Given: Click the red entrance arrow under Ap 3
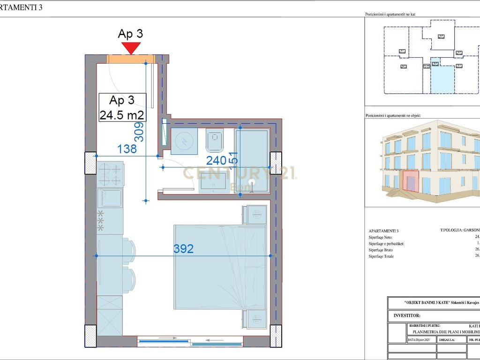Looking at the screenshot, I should [x=131, y=48].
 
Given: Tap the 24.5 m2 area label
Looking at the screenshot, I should [x=122, y=114].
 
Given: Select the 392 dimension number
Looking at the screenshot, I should [x=183, y=249].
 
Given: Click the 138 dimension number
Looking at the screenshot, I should [x=127, y=149].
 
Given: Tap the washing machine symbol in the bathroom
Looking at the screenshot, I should [x=184, y=141].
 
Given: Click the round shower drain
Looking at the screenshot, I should [x=252, y=183].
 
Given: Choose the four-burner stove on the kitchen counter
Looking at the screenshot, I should [x=110, y=174].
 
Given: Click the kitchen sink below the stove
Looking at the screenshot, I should [x=110, y=198].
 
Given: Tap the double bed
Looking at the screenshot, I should [x=219, y=266].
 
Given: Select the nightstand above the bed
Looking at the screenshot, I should [x=254, y=215].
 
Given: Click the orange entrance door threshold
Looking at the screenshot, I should [x=131, y=59].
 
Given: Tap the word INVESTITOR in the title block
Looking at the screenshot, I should [x=407, y=316].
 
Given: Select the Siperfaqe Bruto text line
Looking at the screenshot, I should [x=381, y=250].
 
